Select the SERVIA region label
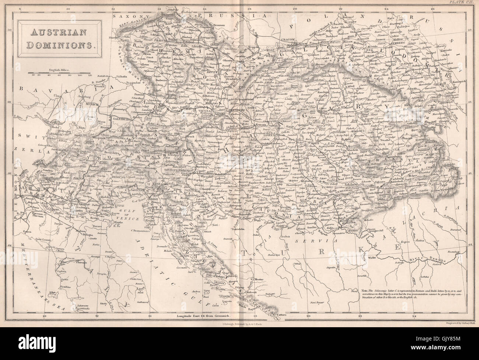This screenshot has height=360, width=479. [x=321, y=240]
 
